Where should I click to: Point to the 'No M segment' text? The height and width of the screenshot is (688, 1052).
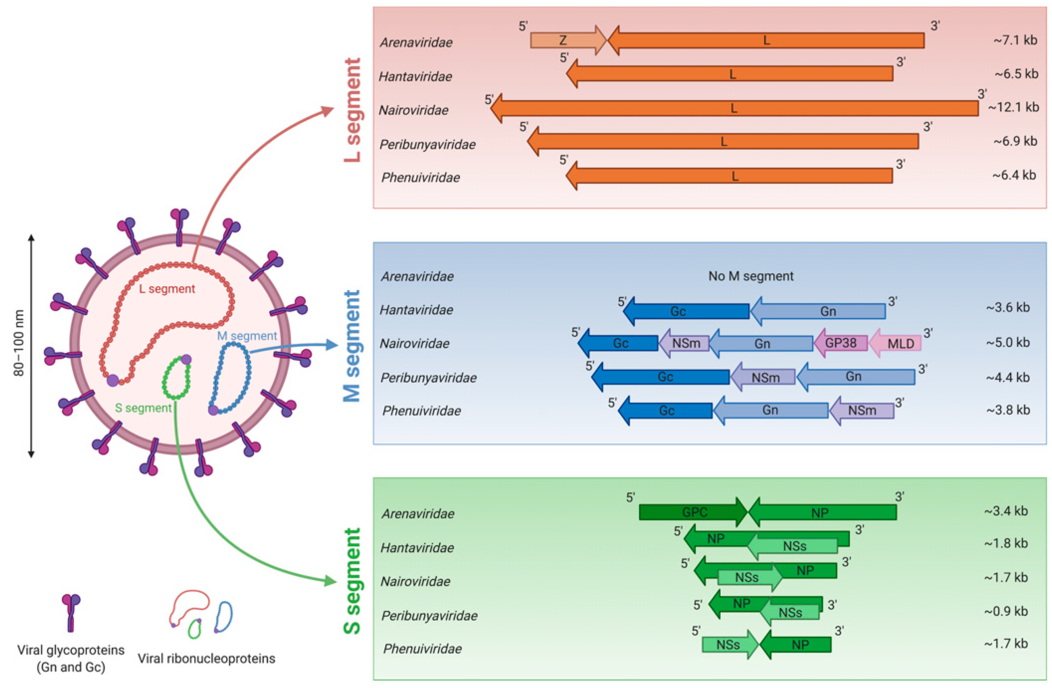point(751,276)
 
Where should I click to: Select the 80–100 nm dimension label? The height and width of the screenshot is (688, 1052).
point(19,343)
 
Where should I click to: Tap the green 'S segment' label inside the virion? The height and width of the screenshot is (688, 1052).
point(143,408)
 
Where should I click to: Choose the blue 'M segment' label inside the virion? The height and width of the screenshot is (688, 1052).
point(247,336)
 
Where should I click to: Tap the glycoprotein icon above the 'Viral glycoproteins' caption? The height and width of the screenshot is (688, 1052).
point(71,612)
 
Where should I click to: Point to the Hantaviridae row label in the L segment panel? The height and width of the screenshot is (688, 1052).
point(416,76)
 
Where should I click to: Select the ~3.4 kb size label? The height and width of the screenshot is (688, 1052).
point(1006,511)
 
